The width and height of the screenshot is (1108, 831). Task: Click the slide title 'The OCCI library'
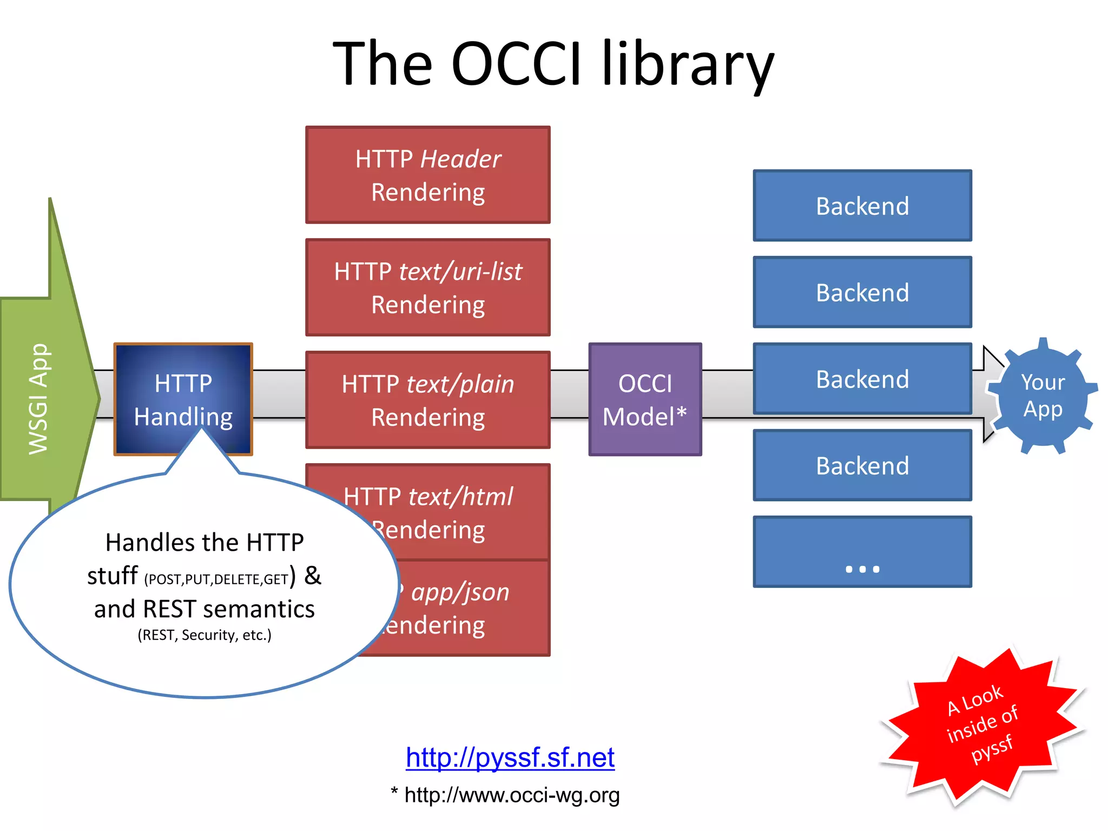[553, 64]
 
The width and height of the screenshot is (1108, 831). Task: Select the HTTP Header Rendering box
[427, 175]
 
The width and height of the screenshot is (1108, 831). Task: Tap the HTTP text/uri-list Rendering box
[427, 287]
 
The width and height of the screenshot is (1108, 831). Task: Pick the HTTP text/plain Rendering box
[427, 400]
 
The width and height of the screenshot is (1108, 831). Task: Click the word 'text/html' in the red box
[460, 497]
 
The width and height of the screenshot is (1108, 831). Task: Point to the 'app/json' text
[460, 592]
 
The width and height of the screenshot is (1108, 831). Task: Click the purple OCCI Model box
[645, 399]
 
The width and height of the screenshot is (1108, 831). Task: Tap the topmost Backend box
[862, 206]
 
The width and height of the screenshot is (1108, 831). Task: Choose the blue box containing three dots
[862, 551]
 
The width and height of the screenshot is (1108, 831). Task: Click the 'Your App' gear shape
[1043, 396]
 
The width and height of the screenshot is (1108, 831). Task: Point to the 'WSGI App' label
[39, 399]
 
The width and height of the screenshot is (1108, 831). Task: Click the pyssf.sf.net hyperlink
[510, 757]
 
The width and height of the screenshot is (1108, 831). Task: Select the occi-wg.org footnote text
[511, 795]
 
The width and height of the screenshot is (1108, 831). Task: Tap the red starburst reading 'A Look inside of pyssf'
[982, 724]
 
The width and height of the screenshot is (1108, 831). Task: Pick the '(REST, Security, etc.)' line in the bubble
[205, 635]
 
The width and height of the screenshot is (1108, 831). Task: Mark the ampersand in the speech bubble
[312, 575]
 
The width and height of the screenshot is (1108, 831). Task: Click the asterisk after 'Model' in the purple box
[682, 413]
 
